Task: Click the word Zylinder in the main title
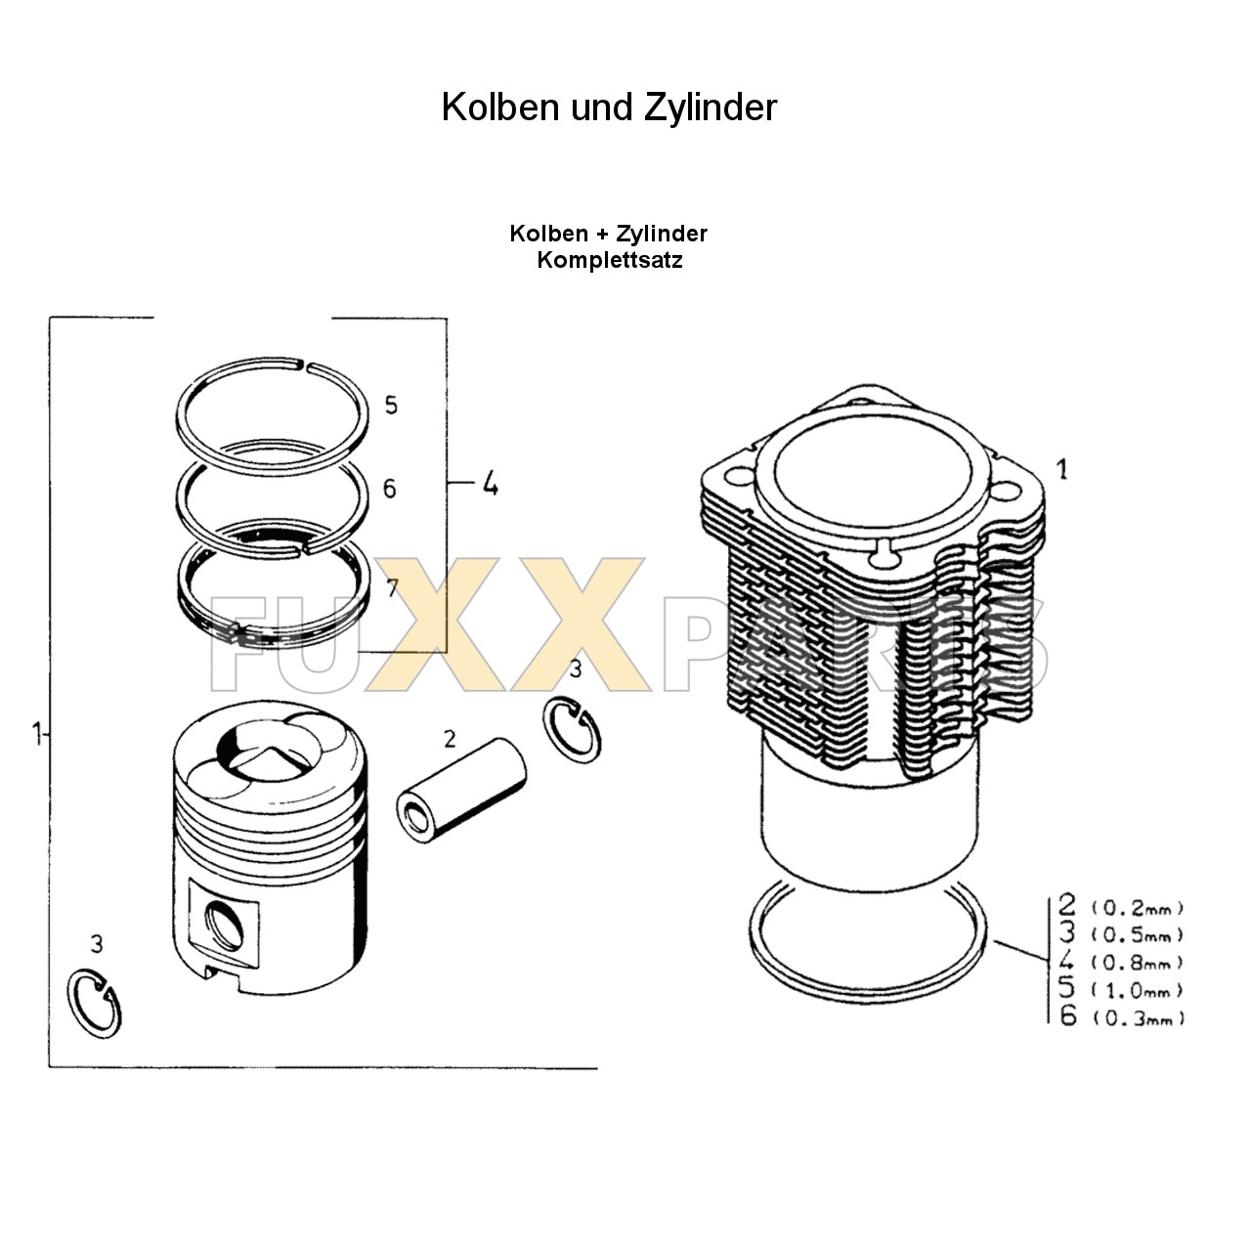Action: (711, 107)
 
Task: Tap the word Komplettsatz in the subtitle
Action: (609, 260)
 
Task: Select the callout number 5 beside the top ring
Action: (391, 405)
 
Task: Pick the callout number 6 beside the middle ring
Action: (390, 488)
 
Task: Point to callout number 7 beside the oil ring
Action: (392, 587)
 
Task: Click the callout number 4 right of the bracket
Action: (490, 483)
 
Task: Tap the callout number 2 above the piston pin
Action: (450, 739)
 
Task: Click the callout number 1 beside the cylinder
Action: (1062, 469)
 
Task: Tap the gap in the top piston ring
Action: (302, 367)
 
